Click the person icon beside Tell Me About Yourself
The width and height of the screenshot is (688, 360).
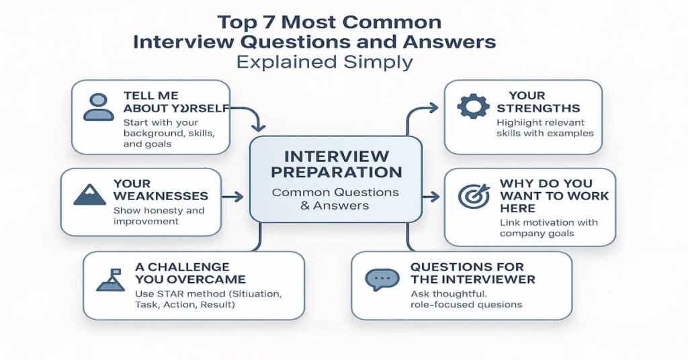98,107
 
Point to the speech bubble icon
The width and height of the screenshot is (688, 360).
382,279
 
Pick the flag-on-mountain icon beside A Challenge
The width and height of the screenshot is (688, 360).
110,279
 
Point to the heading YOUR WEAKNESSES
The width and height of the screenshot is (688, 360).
161,189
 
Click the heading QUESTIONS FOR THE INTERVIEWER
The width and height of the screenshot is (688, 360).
473,273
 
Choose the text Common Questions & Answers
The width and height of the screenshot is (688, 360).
335,199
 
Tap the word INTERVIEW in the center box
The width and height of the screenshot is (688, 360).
335,155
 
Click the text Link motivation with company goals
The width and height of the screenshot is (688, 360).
548,228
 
